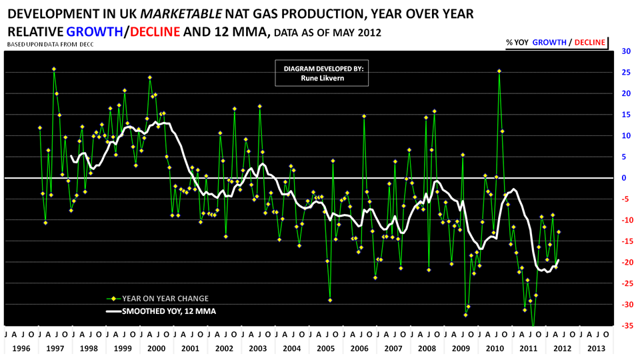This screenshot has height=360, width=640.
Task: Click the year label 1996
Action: [x=21, y=349]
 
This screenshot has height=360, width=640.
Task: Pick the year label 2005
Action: [x=327, y=349]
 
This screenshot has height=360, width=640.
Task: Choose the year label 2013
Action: [x=595, y=349]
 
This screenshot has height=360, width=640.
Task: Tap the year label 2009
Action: [x=461, y=349]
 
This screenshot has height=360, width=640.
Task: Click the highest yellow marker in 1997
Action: [x=54, y=69]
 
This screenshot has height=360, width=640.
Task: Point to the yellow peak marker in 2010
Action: [x=499, y=71]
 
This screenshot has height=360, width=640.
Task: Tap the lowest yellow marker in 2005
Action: [x=330, y=300]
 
